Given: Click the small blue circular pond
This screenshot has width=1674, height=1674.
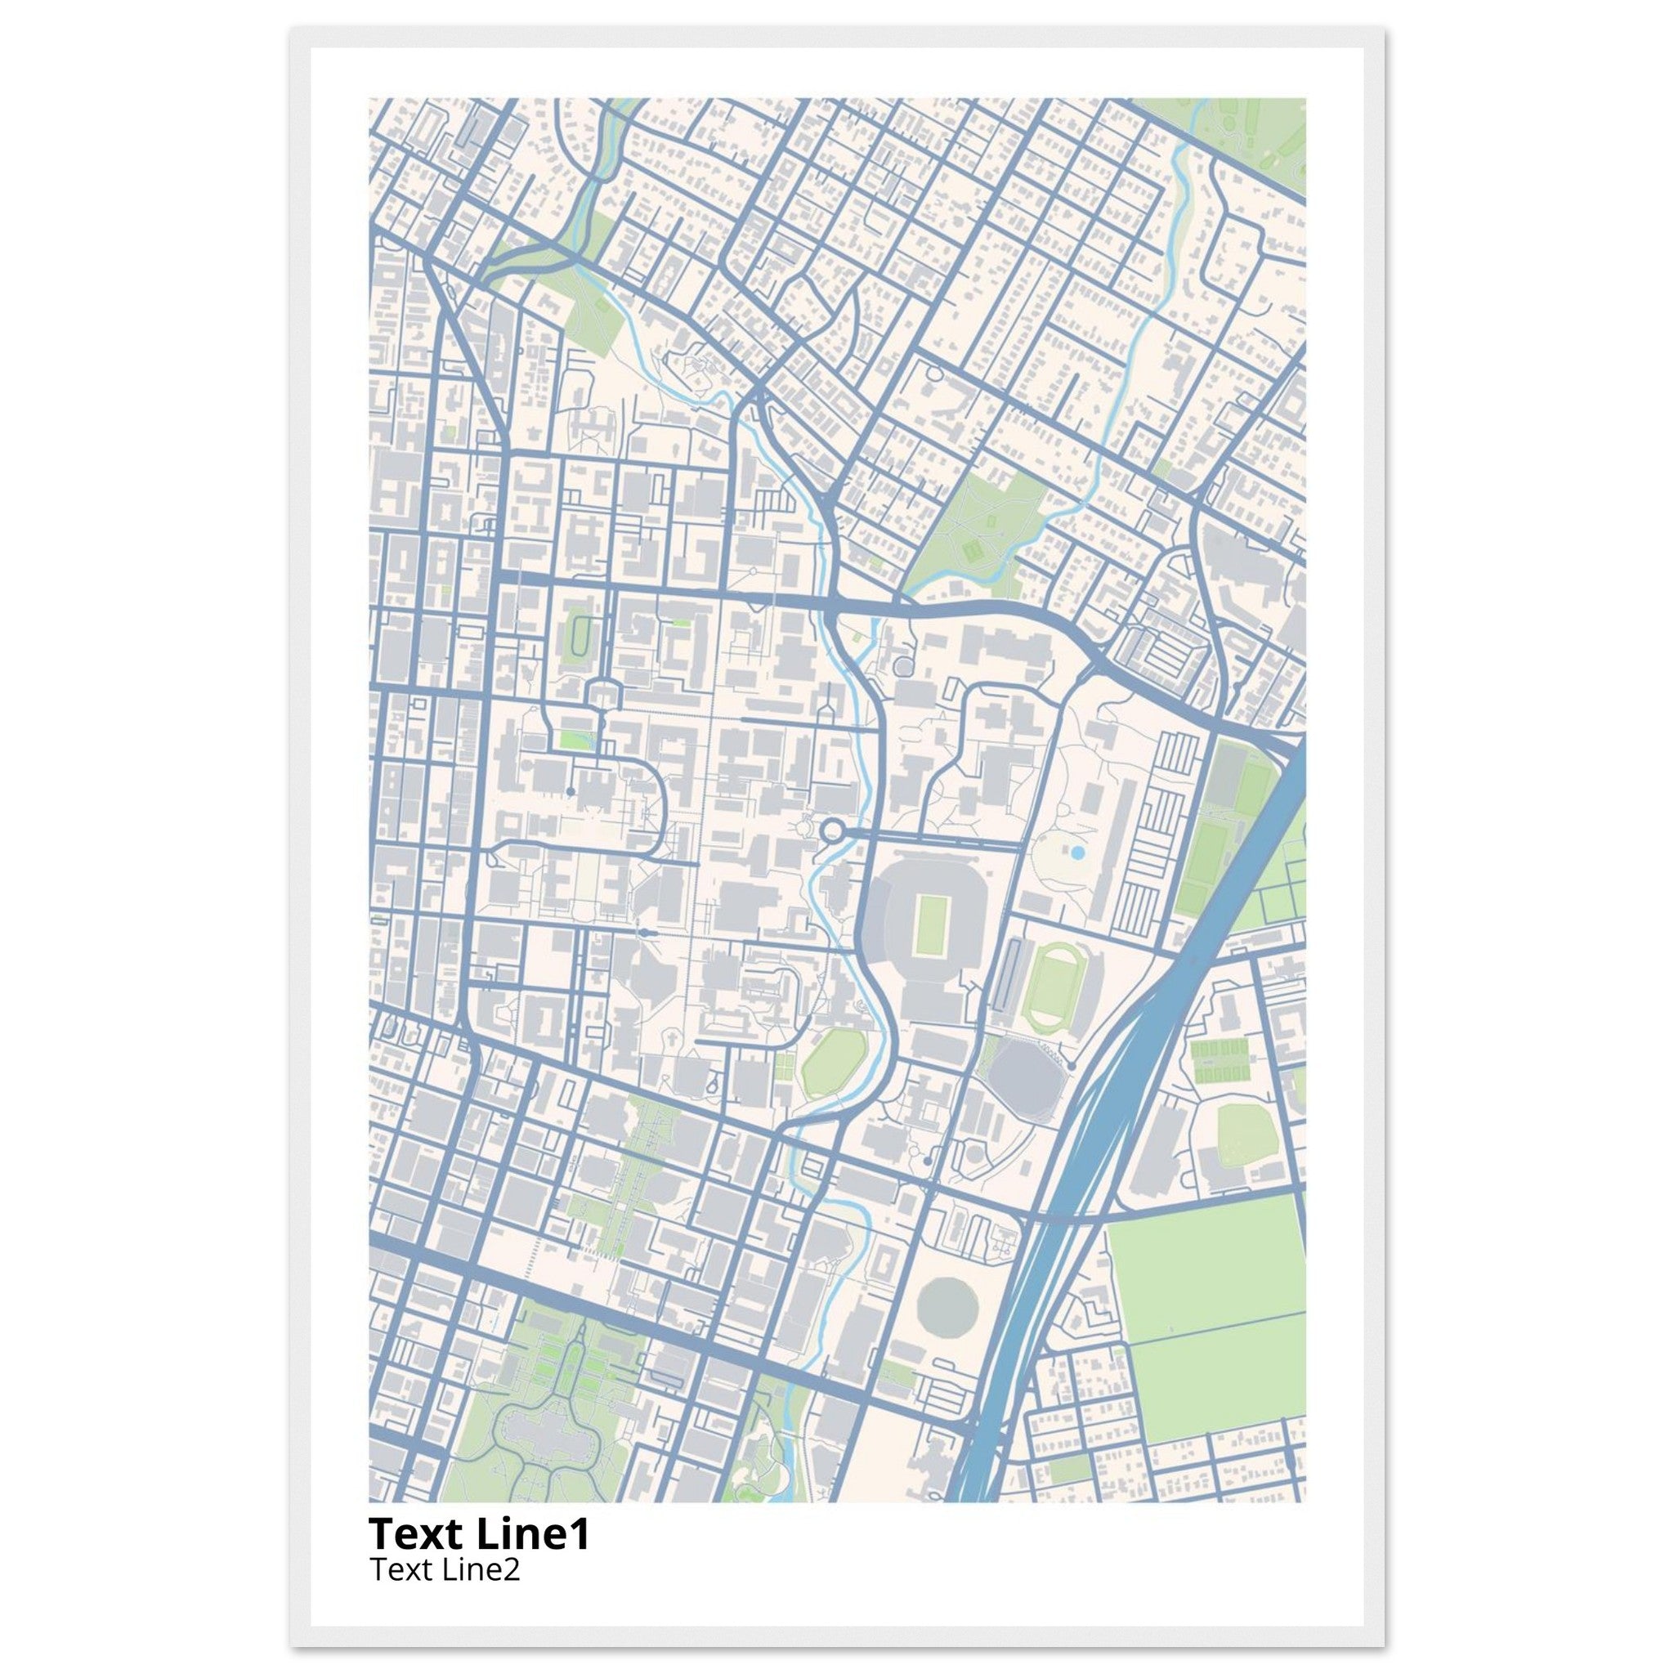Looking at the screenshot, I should pos(1077,853).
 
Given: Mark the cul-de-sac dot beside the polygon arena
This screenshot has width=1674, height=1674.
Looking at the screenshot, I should pos(1072,1065).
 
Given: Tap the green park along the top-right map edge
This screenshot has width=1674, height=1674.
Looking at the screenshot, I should pos(1247,130).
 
